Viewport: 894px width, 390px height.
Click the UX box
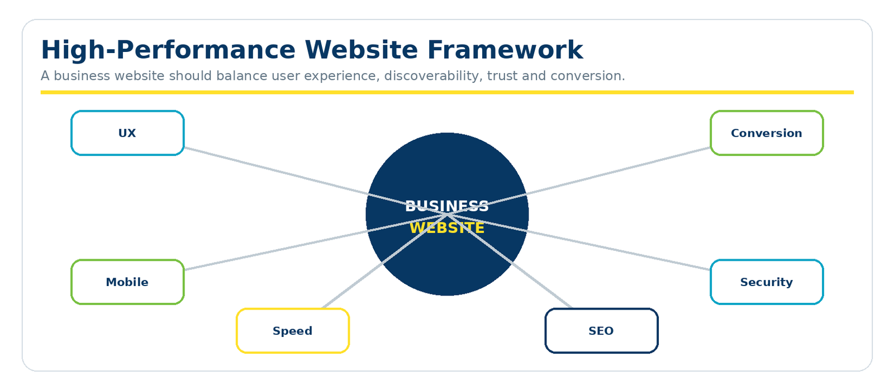127,133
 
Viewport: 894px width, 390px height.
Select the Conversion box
767,133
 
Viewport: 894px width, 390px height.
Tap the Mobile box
127,282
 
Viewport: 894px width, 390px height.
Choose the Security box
767,282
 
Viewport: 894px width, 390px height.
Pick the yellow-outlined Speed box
293,331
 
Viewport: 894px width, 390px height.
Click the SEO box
601,331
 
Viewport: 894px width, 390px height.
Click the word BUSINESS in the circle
447,206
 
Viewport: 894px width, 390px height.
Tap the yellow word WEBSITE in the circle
447,228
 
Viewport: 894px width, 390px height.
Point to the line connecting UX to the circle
316,181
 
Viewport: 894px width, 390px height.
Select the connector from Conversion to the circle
579,181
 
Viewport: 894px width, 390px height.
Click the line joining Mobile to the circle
316,242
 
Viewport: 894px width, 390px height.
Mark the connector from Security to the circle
579,242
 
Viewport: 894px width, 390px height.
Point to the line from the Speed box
385,261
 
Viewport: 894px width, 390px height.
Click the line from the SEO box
510,261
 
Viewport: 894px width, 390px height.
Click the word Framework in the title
505,50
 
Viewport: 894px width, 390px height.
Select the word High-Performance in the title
168,50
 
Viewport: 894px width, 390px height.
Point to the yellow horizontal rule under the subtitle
447,92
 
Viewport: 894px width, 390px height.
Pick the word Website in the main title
361,50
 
